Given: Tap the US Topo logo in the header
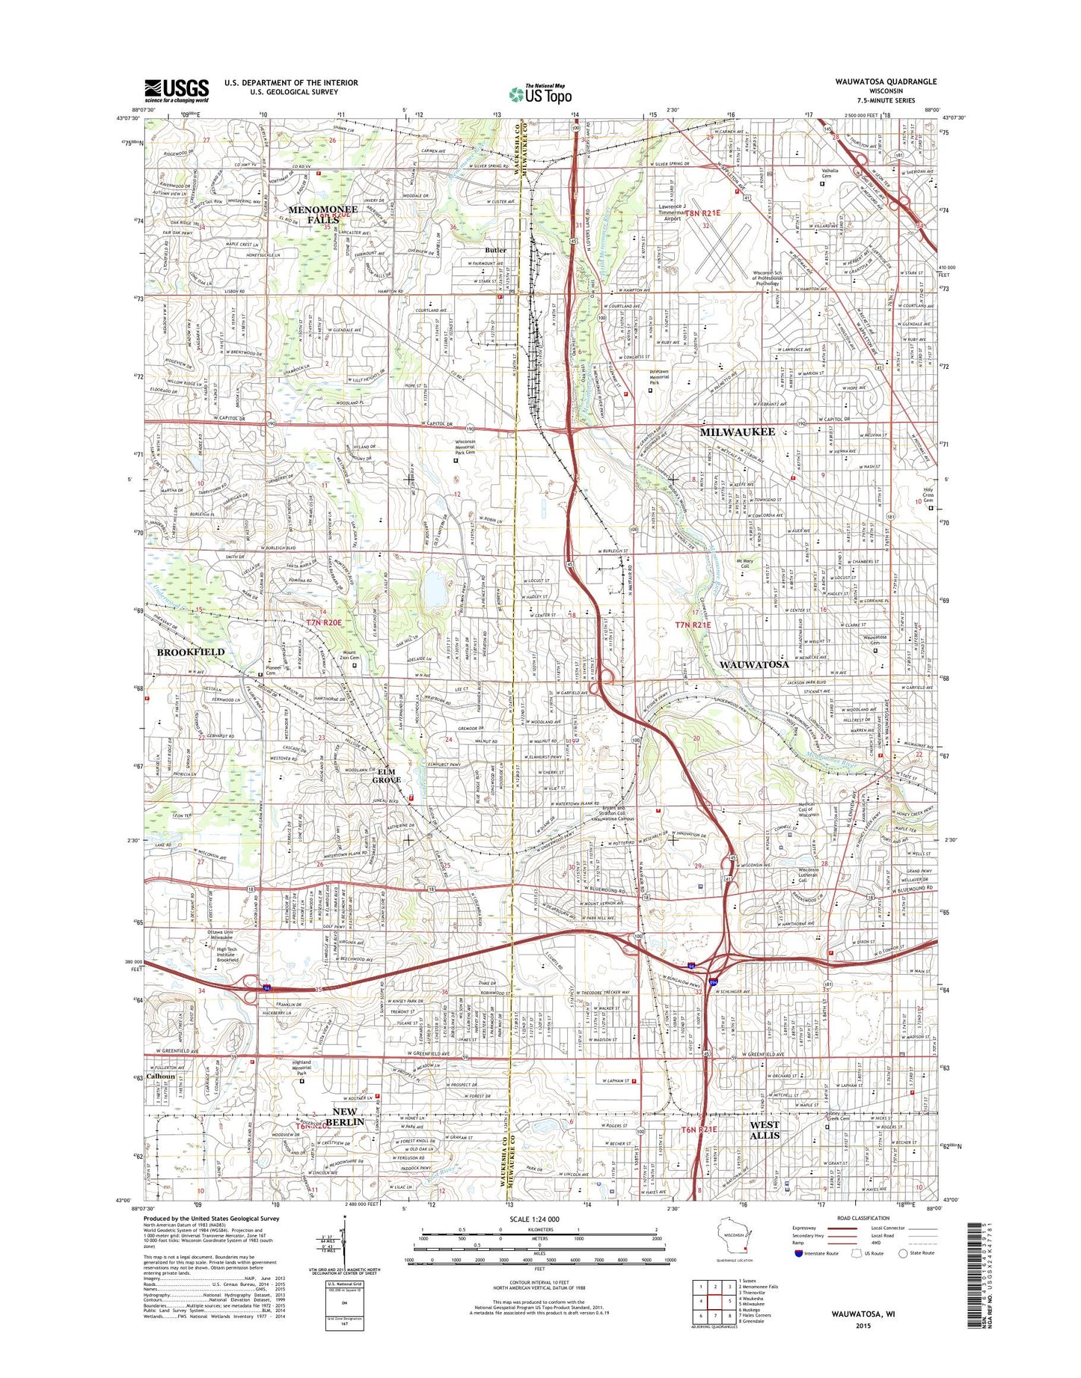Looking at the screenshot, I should click(540, 94).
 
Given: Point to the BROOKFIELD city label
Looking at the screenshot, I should click(190, 652).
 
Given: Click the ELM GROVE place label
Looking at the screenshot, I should click(387, 775).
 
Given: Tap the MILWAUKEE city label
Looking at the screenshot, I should click(737, 432).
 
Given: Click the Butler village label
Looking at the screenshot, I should click(495, 250).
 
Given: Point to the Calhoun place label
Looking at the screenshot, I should click(160, 1077).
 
